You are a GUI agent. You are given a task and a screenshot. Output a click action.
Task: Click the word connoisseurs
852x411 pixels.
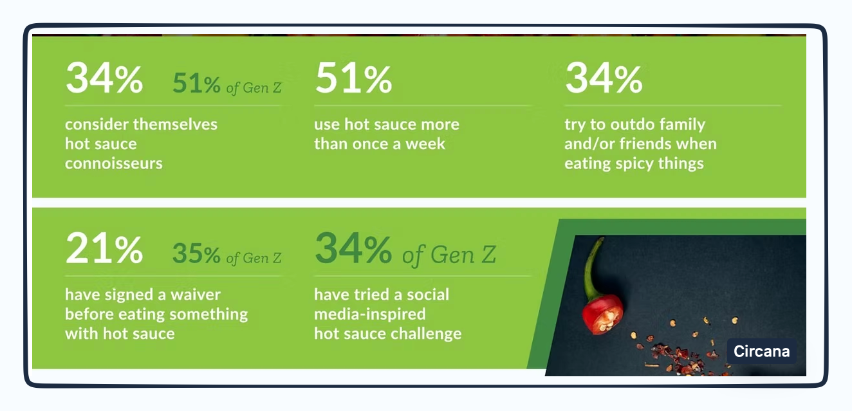pos(114,163)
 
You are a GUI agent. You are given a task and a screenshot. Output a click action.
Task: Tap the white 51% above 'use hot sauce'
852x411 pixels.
pos(353,79)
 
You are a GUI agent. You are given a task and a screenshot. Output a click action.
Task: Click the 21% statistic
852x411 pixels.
pos(104,250)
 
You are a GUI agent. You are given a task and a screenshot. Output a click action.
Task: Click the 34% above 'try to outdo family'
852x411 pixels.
pos(604,79)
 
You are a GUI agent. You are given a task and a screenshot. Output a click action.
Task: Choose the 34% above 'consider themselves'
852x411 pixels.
pos(104,79)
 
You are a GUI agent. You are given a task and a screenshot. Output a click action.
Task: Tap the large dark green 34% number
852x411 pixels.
pos(353,250)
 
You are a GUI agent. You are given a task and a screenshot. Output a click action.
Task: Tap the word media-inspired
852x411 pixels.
pos(370,315)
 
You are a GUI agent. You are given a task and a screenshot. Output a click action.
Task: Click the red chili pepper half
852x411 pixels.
pos(602,311)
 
